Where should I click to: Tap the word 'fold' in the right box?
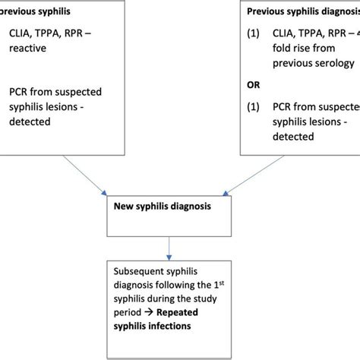(x=288, y=68)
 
